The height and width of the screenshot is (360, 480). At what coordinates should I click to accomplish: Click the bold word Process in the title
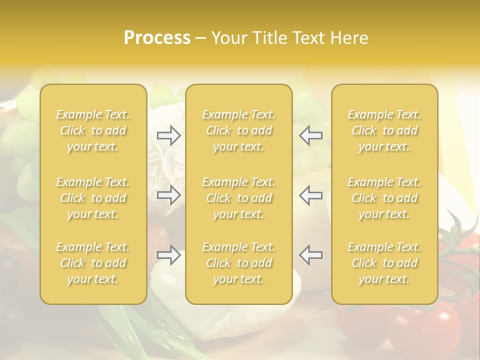pos(157,38)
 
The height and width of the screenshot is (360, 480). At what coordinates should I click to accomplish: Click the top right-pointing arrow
pos(169,135)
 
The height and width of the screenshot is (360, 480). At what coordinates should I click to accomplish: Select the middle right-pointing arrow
pos(169,195)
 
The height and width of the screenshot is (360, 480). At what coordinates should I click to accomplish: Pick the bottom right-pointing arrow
pos(169,255)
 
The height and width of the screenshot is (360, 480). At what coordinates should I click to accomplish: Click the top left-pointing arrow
pos(311,135)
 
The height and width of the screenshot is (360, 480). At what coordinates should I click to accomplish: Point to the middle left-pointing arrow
pos(311,195)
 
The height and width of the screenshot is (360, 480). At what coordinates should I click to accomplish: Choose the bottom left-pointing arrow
pos(311,255)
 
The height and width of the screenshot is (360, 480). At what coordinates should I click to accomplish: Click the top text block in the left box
pos(93,130)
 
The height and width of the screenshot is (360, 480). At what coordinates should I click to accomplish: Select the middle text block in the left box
pos(93,198)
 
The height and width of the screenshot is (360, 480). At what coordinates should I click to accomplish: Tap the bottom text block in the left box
pos(93,263)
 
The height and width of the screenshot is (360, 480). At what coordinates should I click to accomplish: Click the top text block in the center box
pos(239,130)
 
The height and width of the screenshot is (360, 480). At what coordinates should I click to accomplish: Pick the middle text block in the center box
pos(239,198)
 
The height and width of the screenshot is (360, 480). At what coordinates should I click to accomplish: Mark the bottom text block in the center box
pos(239,263)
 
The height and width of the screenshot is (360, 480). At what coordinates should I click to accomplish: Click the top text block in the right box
pos(384,130)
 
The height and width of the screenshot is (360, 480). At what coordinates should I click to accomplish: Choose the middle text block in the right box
pos(384,198)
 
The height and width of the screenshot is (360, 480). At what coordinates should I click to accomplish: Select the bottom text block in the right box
pos(384,263)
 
